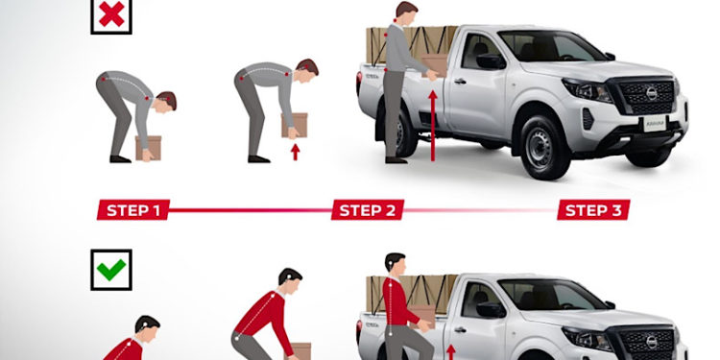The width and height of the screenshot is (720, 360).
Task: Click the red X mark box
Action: (111, 16)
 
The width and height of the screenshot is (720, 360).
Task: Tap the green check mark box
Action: (111, 270)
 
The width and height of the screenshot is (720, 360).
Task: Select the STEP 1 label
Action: (133, 210)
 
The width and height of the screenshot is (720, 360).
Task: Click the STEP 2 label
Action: (368, 210)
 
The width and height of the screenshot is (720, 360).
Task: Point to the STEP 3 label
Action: (593, 210)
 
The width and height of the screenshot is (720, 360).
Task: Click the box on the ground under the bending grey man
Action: (148, 148)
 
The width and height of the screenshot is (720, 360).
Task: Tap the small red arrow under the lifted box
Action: (296, 152)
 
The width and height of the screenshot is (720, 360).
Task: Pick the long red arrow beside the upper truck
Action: (432, 126)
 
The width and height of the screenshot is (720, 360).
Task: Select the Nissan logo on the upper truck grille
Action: (651, 93)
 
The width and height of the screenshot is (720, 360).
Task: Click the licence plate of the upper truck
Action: (655, 124)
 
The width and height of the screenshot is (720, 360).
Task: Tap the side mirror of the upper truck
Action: (491, 61)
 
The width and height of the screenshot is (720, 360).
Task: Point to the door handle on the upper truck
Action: (460, 82)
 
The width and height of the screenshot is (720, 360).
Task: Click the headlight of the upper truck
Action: (588, 89)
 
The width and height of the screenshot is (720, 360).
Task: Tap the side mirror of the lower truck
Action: (491, 309)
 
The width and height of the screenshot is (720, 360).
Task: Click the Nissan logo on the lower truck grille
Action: (651, 342)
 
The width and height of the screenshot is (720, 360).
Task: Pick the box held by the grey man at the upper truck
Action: (434, 64)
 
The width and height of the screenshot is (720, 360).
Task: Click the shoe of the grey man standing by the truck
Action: (396, 160)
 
